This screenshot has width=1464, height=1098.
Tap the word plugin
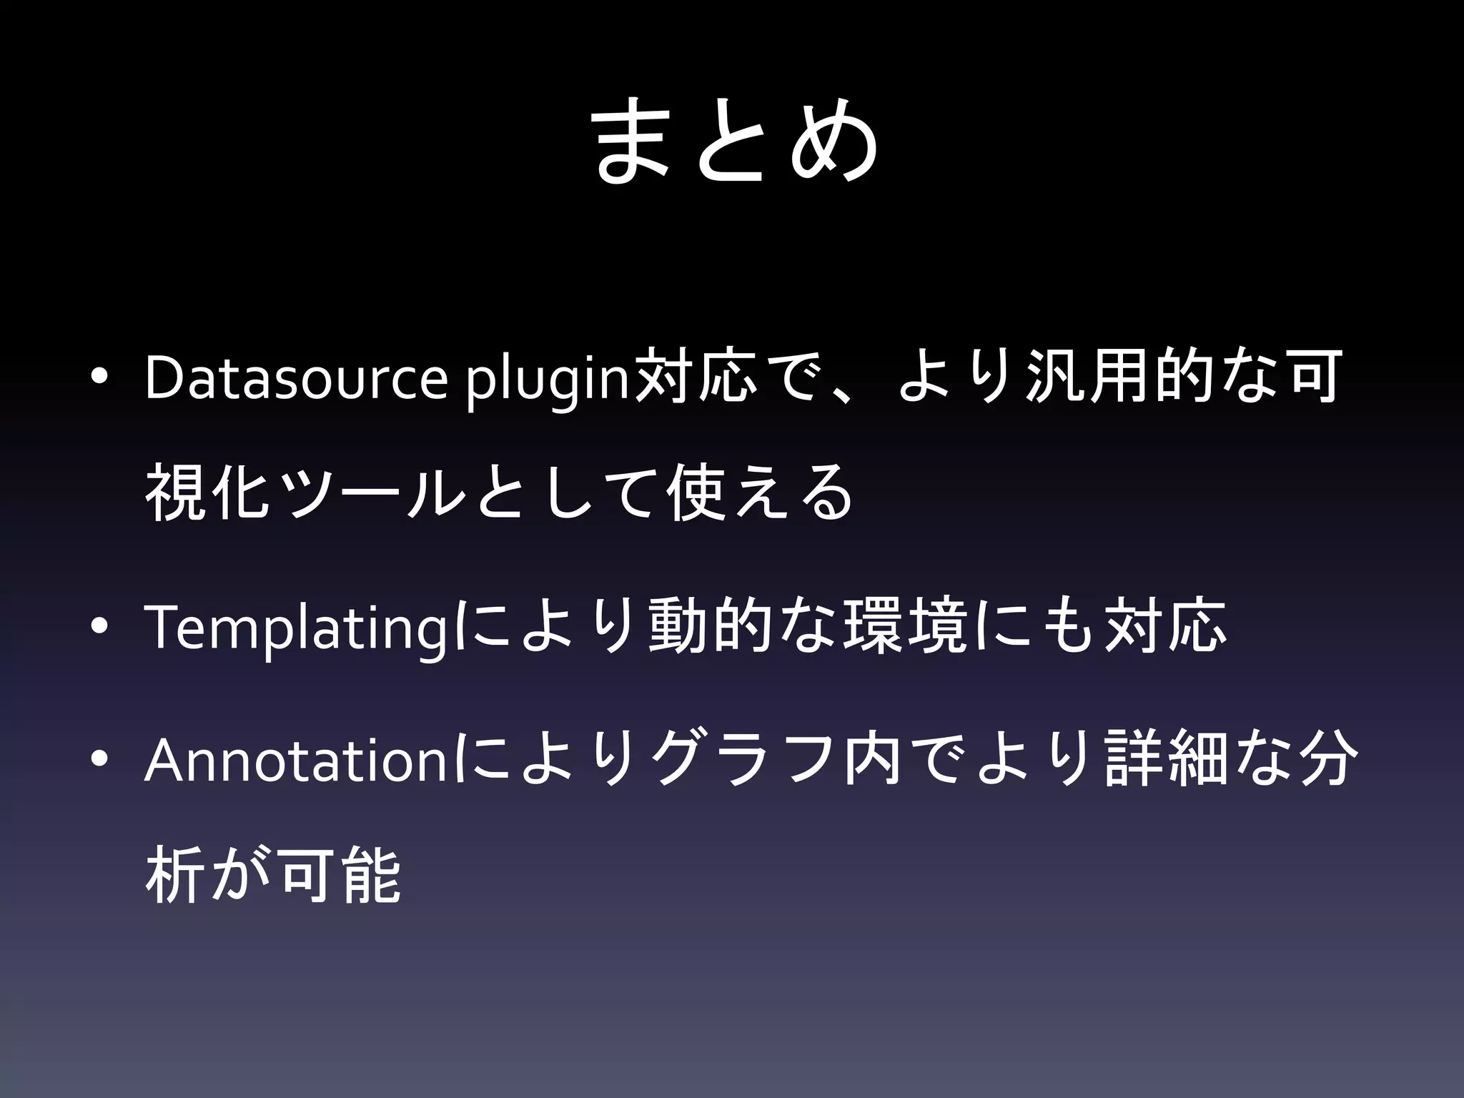(x=547, y=379)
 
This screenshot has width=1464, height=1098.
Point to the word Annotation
(x=295, y=760)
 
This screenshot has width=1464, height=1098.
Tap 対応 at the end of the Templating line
(x=1164, y=627)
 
